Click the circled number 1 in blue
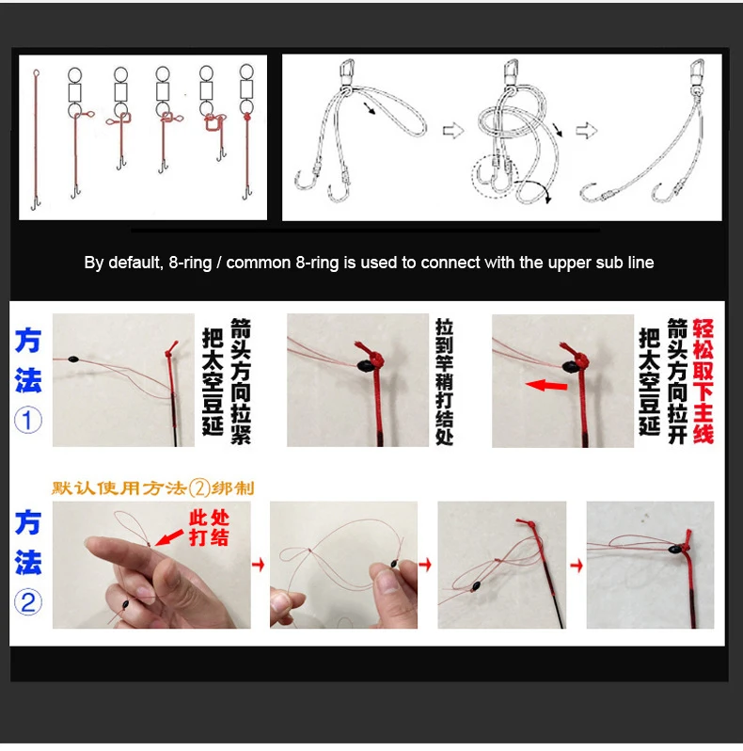click(x=28, y=420)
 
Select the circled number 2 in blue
click(x=28, y=602)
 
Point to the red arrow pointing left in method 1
click(x=546, y=385)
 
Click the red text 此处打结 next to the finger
click(x=209, y=528)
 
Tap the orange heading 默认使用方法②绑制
click(x=152, y=488)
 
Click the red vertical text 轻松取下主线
click(x=703, y=381)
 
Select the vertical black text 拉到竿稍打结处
click(x=444, y=382)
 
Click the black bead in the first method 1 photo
click(x=72, y=359)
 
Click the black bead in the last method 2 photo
click(x=675, y=549)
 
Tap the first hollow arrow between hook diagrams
click(x=453, y=130)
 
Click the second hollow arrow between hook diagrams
click(x=586, y=130)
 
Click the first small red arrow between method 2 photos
click(x=258, y=565)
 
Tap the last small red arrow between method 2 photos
click(x=577, y=566)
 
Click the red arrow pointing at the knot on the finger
click(x=169, y=537)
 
